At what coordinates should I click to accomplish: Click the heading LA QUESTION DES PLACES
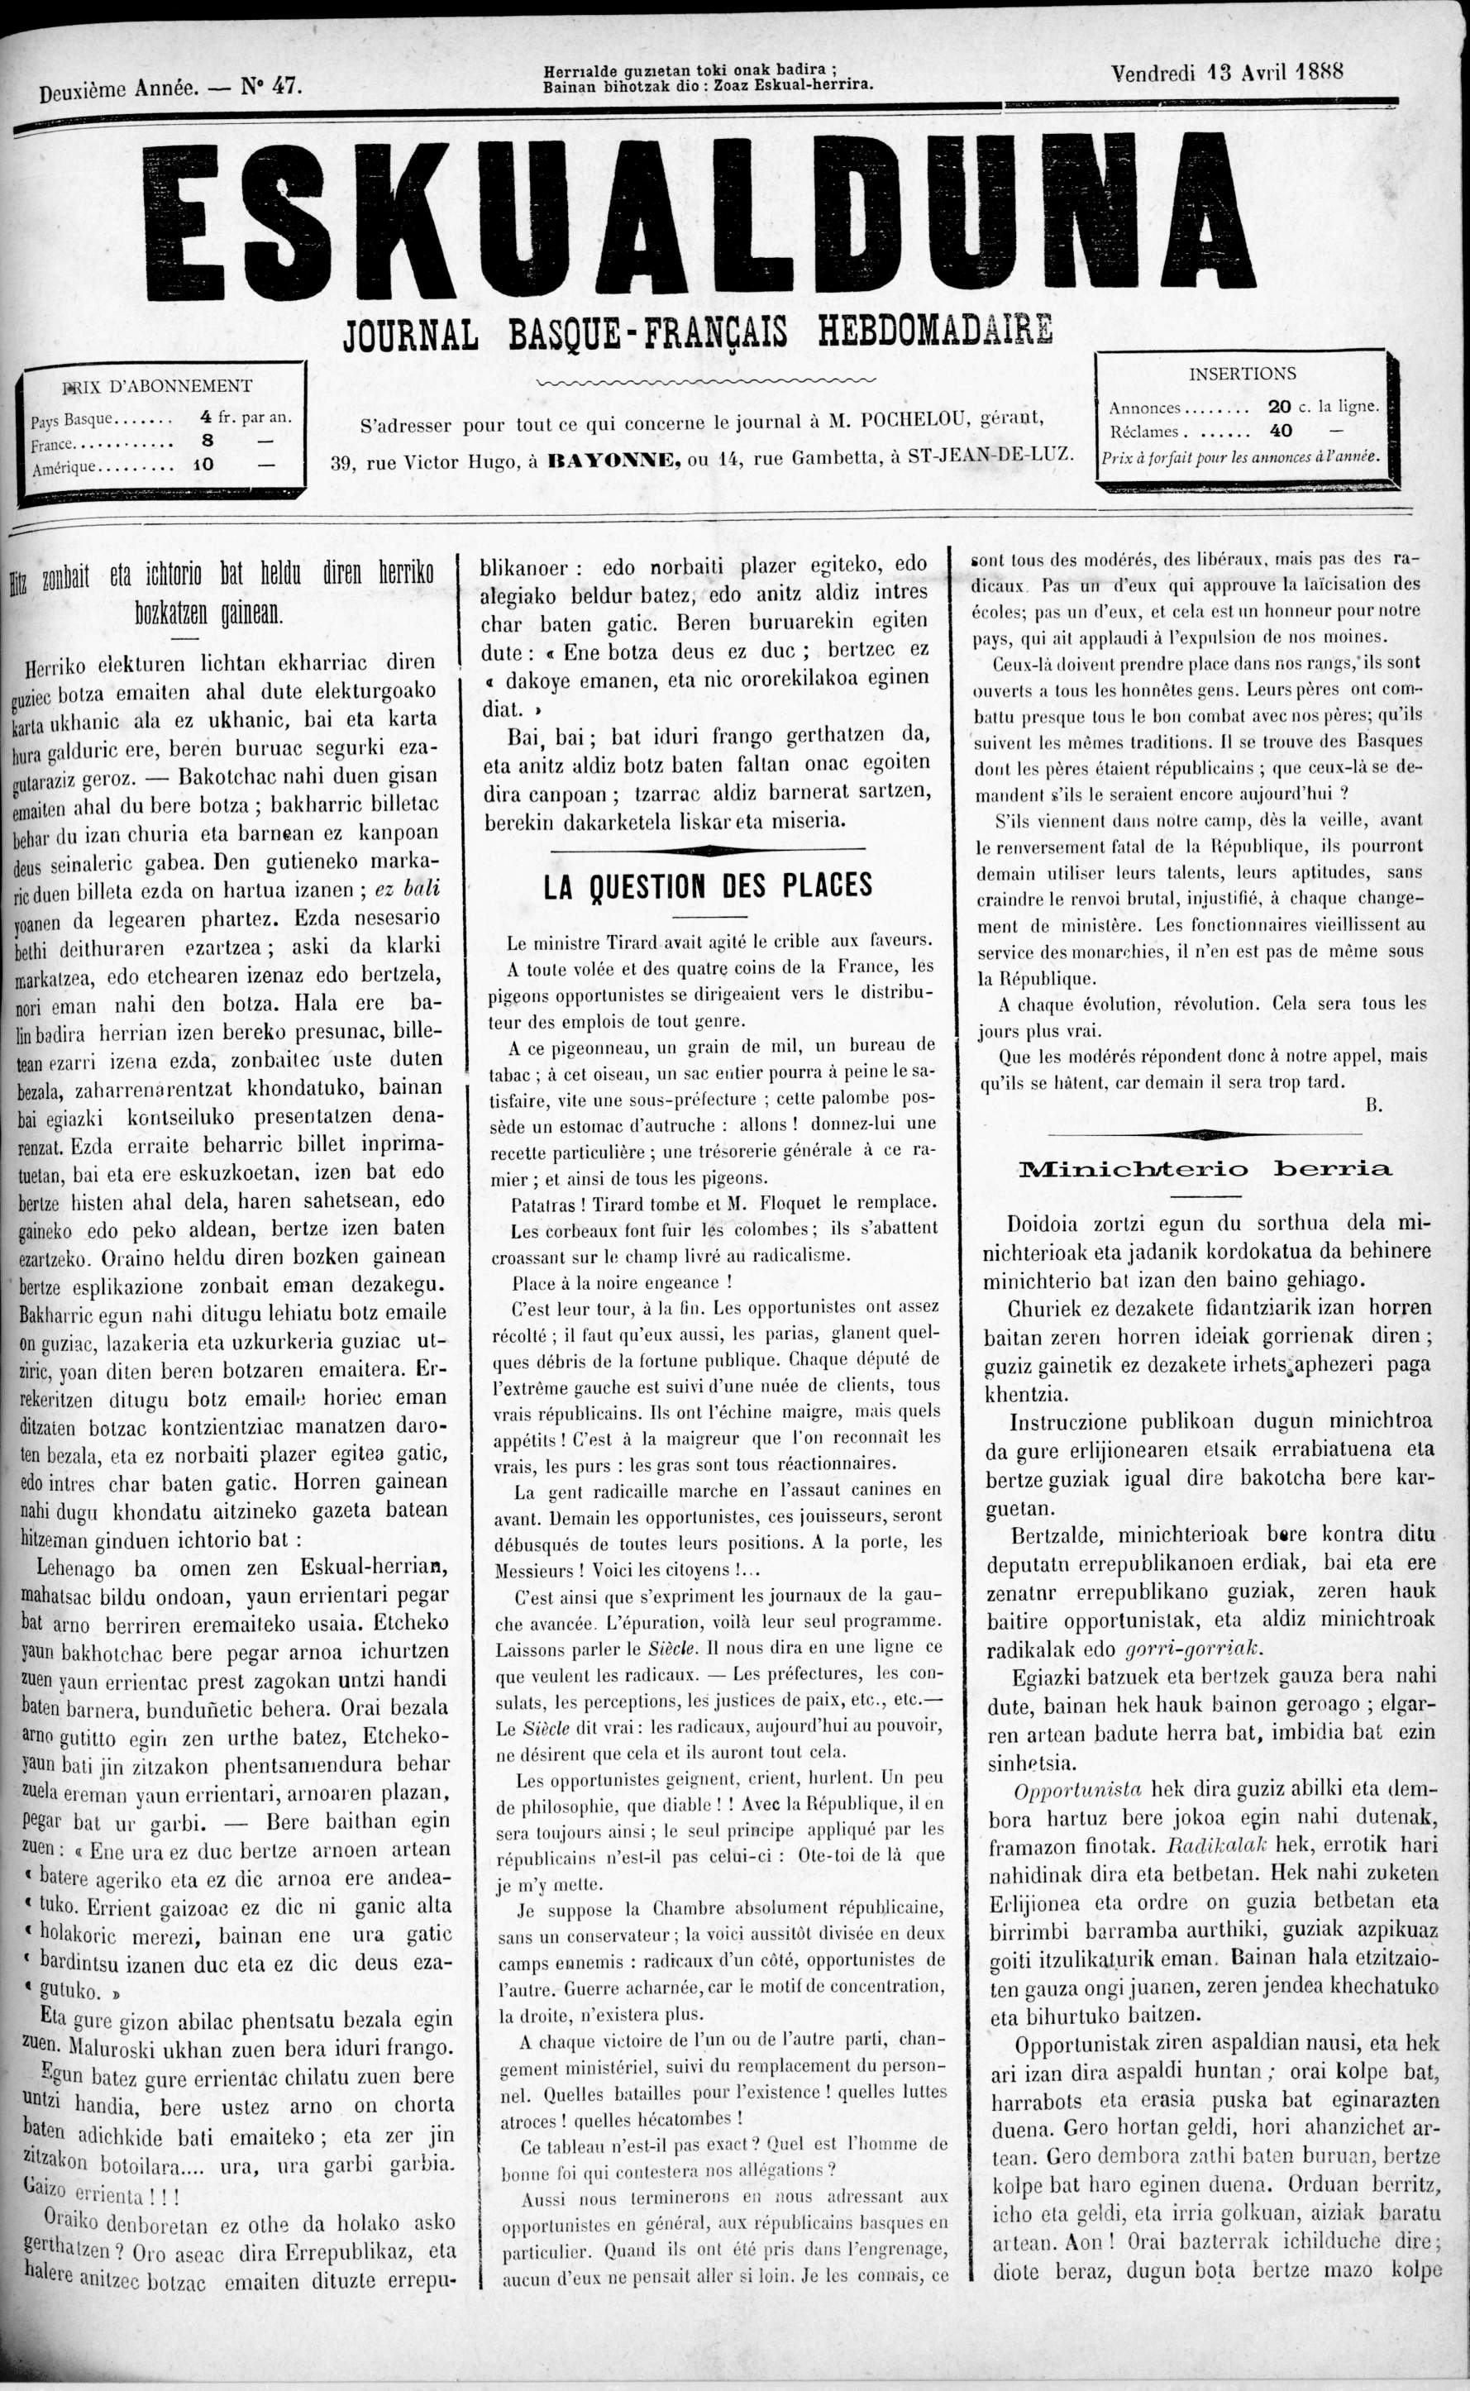click(708, 885)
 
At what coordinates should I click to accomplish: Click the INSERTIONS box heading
click(1242, 373)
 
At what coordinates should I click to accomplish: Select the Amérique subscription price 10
click(203, 464)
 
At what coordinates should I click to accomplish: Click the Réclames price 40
click(1281, 430)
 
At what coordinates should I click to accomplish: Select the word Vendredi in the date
click(1152, 73)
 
